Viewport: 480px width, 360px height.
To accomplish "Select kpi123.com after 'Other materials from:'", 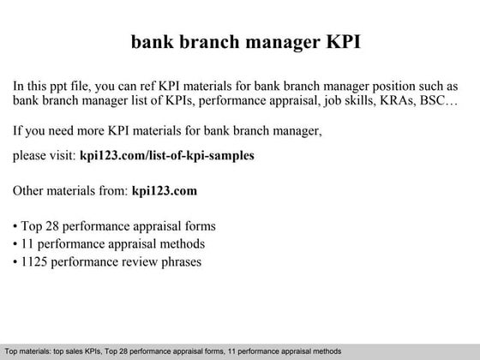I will click(x=165, y=190).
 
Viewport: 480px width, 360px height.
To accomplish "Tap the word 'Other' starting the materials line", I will click(x=31, y=190).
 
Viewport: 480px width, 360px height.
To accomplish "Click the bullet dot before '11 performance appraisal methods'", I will click(x=16, y=244).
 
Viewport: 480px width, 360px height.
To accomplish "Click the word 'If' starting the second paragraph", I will click(x=18, y=132).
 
